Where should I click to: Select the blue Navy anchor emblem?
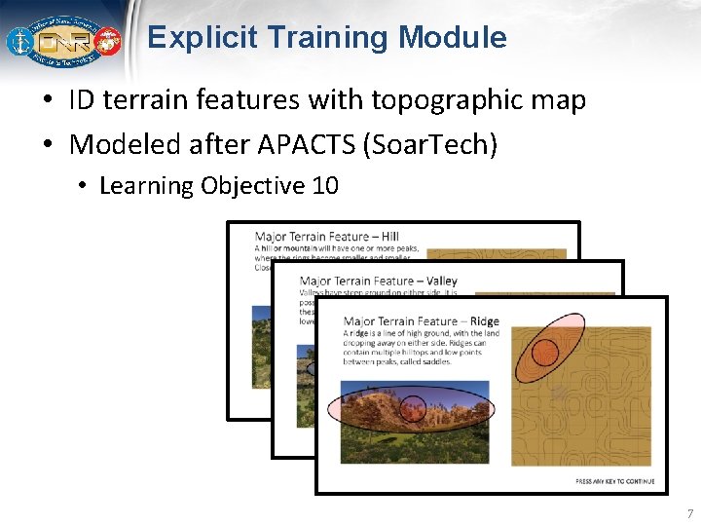tap(20, 42)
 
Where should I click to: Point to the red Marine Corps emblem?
tap(106, 42)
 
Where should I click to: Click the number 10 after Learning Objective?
tap(325, 186)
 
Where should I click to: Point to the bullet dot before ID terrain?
tap(48, 101)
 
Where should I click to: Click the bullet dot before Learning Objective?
tap(84, 186)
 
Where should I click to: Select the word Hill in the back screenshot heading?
tap(389, 236)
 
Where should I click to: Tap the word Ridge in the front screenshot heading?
tap(483, 321)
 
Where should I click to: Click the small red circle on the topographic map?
tap(545, 352)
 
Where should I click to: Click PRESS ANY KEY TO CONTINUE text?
tap(614, 481)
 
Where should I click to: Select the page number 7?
tap(689, 513)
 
